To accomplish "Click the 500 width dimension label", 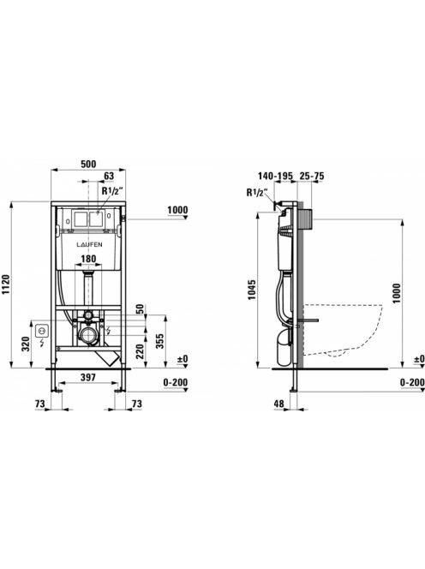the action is pyautogui.click(x=88, y=164).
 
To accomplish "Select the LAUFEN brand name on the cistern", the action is pyautogui.click(x=89, y=244).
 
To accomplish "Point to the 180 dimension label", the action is pyautogui.click(x=88, y=259).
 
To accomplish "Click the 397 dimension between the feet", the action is pyautogui.click(x=88, y=377).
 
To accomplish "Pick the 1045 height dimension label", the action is pyautogui.click(x=252, y=290).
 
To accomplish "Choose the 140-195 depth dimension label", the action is pyautogui.click(x=275, y=176).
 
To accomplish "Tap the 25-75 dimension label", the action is pyautogui.click(x=312, y=176).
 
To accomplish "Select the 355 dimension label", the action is pyautogui.click(x=159, y=341).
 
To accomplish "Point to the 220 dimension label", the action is pyautogui.click(x=140, y=351).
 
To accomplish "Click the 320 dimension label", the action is pyautogui.click(x=26, y=344).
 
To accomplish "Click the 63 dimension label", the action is pyautogui.click(x=109, y=176).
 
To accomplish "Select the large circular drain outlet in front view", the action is pyautogui.click(x=88, y=336).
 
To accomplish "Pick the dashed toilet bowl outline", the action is pyautogui.click(x=343, y=330).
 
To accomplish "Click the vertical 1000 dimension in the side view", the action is pyautogui.click(x=397, y=294).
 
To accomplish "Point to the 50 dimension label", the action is pyautogui.click(x=140, y=309).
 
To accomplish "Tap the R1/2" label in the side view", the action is pyautogui.click(x=257, y=192).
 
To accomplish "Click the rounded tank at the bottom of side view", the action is pyautogui.click(x=284, y=348).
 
